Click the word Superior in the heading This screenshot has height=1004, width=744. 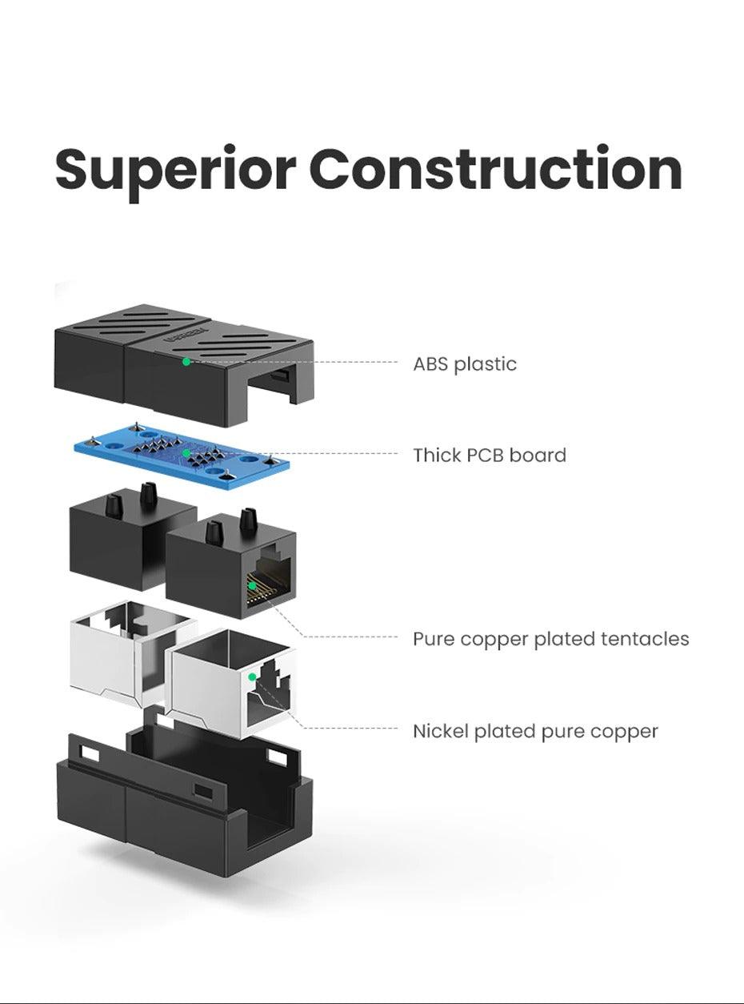[x=175, y=170]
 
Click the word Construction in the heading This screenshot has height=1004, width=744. [x=495, y=170]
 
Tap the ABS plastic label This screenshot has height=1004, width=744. [x=464, y=364]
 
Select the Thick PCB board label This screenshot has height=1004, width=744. [x=489, y=456]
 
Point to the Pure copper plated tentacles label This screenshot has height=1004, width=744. [x=550, y=639]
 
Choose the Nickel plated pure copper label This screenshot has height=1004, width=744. [x=534, y=731]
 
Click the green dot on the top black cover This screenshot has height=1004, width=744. [x=186, y=362]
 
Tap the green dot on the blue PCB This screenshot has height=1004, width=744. [x=186, y=453]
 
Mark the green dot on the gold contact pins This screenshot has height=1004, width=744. [x=252, y=585]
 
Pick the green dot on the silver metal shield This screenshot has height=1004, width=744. [x=252, y=677]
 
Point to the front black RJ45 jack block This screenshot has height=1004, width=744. [x=208, y=568]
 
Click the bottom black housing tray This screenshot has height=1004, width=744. [x=160, y=809]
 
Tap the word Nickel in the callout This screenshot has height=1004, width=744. [x=441, y=731]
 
